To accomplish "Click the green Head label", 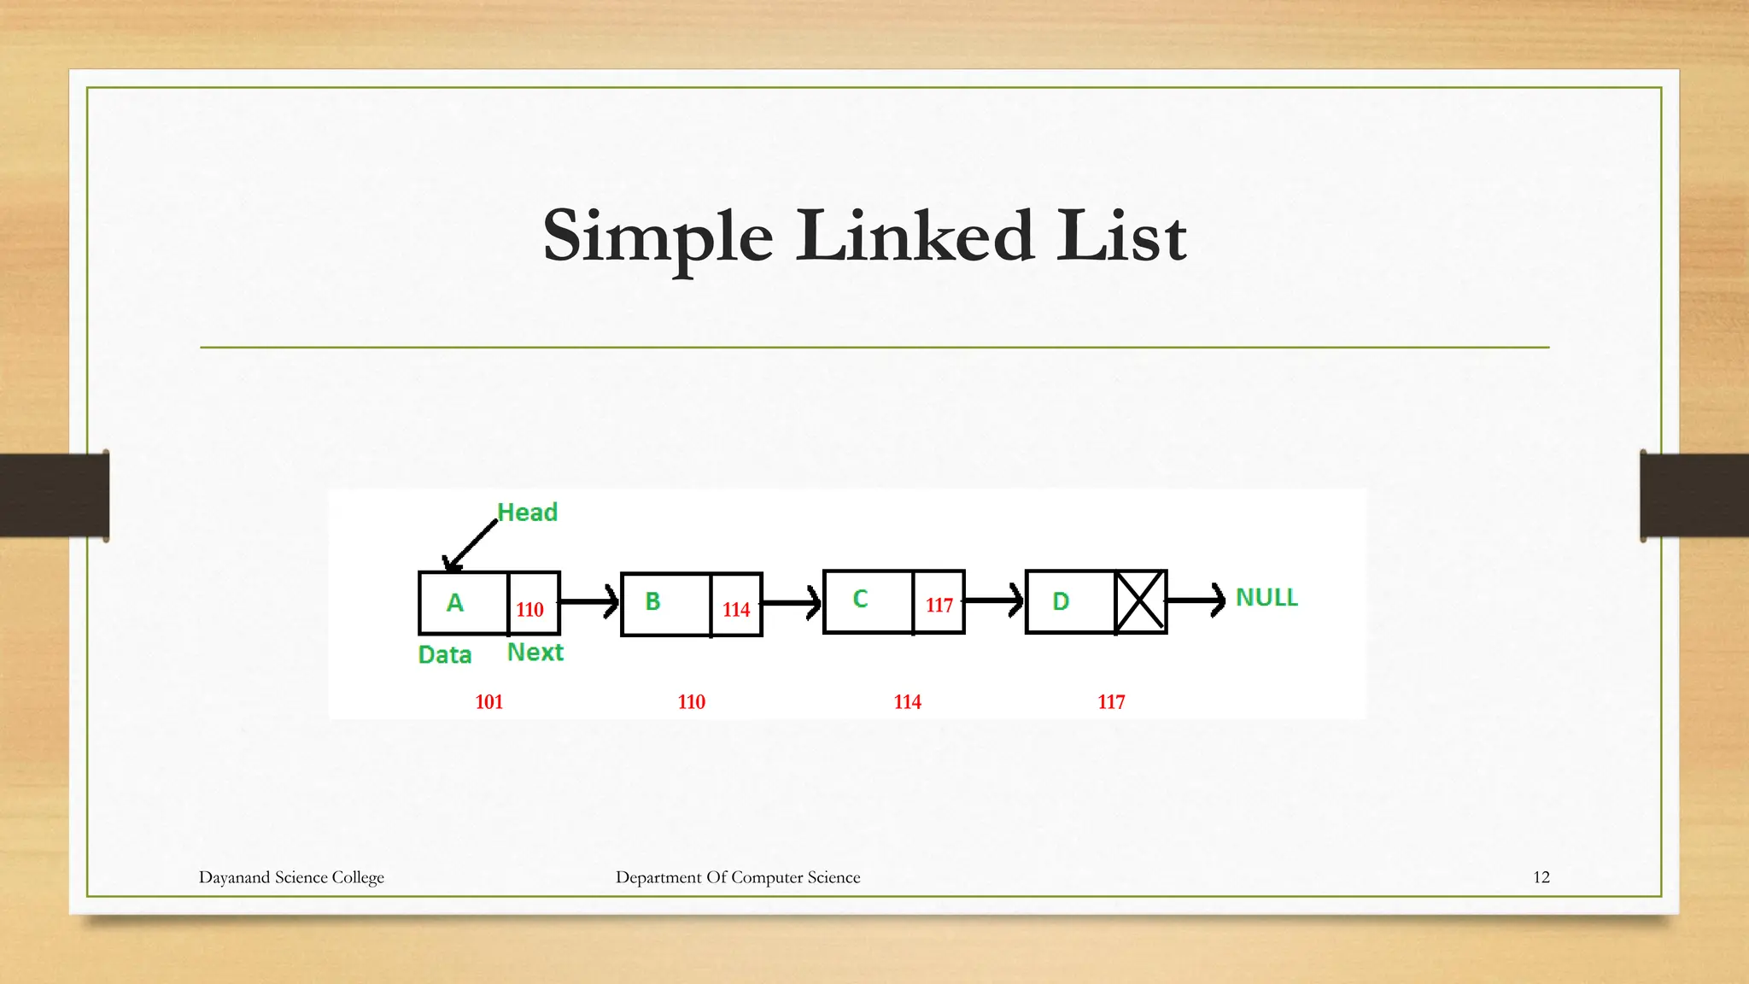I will click(527, 512).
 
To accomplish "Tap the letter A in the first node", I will click(455, 603).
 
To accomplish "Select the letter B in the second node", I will click(652, 601).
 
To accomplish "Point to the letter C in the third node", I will click(860, 599).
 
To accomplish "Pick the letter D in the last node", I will click(1061, 601).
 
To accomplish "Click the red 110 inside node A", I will click(529, 610).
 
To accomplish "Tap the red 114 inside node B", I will click(736, 610).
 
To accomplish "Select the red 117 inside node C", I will click(939, 606).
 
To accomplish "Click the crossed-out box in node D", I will click(1141, 601).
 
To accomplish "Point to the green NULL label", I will click(1266, 598).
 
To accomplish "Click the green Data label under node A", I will click(445, 655).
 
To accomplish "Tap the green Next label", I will click(535, 653).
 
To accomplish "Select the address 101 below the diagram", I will click(489, 702).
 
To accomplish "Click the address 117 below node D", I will click(1111, 702).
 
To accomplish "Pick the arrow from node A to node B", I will click(589, 601).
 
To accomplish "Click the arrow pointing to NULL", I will click(1196, 600).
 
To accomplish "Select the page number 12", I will click(1541, 877).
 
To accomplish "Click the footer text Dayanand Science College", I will click(291, 877).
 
